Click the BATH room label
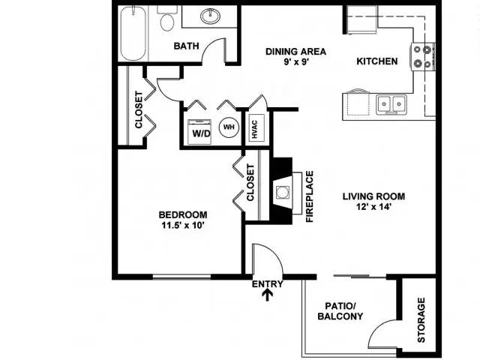pyautogui.click(x=186, y=46)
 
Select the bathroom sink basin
pyautogui.click(x=210, y=16)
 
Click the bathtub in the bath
pyautogui.click(x=133, y=33)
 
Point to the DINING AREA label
pyautogui.click(x=295, y=52)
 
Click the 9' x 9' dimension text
pyautogui.click(x=295, y=62)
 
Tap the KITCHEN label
pyautogui.click(x=377, y=61)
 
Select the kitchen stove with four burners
pyautogui.click(x=422, y=57)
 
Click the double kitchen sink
pyautogui.click(x=391, y=104)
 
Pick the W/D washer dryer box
pyautogui.click(x=199, y=132)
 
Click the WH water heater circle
pyautogui.click(x=229, y=127)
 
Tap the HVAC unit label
pyautogui.click(x=255, y=129)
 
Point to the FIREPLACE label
pyautogui.click(x=310, y=196)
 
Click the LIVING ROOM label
pyautogui.click(x=373, y=196)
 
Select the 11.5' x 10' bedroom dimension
pyautogui.click(x=183, y=225)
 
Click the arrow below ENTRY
pyautogui.click(x=267, y=295)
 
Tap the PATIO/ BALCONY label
pyautogui.click(x=340, y=310)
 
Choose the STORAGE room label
pyautogui.click(x=421, y=320)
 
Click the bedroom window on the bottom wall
pyautogui.click(x=181, y=277)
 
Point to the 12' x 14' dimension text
pyautogui.click(x=373, y=207)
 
